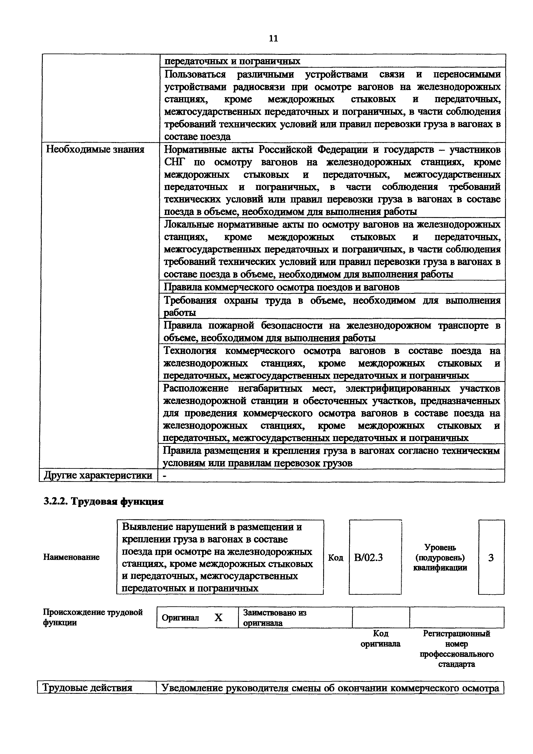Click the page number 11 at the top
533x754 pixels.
273,38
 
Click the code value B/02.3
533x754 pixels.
369,558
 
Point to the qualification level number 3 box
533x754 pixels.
491,558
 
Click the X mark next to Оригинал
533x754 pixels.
218,618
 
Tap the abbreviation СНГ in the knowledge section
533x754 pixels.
175,162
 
